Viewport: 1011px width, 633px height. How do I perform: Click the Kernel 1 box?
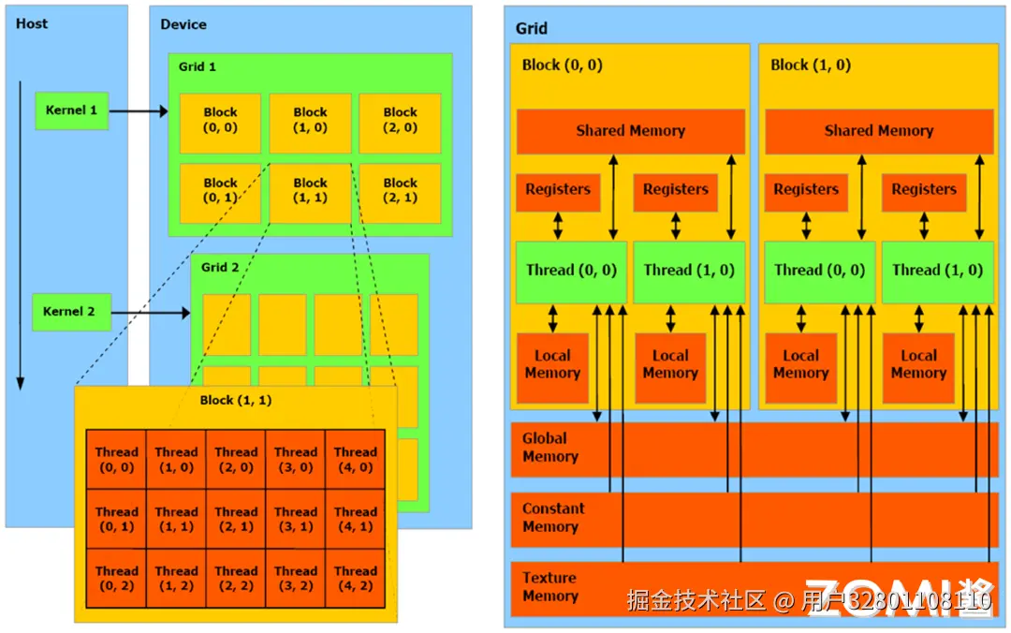pos(71,110)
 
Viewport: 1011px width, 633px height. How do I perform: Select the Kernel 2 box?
pos(71,312)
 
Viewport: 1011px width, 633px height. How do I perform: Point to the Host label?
pos(32,23)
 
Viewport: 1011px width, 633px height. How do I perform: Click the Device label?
pos(183,24)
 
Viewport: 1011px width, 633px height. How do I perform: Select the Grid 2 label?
pos(220,267)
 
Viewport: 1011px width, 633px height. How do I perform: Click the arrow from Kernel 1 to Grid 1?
pos(139,111)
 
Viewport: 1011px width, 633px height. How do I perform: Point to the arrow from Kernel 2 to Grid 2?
pos(151,313)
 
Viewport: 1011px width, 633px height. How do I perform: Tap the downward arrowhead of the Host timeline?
pos(20,383)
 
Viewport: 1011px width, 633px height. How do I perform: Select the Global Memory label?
pos(550,448)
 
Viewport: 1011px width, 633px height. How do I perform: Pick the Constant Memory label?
pos(553,518)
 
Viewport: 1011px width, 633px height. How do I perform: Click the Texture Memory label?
pos(550,586)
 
